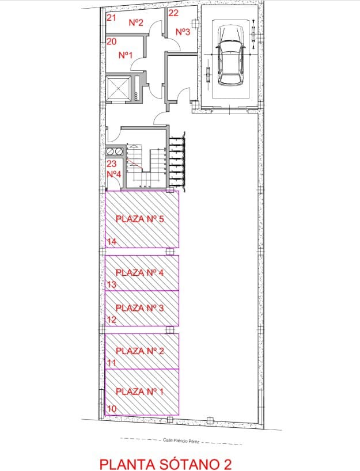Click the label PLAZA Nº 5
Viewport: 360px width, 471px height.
[141, 219]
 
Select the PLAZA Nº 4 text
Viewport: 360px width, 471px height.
[140, 272]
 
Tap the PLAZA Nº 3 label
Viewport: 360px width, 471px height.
[140, 308]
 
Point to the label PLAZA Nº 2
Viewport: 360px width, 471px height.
[140, 351]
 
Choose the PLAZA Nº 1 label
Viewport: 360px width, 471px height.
[140, 392]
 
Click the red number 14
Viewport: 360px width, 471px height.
[112, 242]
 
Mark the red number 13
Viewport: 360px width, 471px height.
[112, 284]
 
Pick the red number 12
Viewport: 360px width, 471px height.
[112, 320]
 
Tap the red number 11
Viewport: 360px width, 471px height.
[112, 363]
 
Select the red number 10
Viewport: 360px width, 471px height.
[112, 408]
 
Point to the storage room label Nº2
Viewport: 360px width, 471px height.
[136, 23]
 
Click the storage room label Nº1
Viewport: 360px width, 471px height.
[126, 55]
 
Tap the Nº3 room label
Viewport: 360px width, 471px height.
[182, 32]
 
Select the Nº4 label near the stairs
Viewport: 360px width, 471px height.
[113, 174]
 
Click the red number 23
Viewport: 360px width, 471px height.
[112, 164]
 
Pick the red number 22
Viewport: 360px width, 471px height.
[173, 12]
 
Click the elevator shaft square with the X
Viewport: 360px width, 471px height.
[119, 88]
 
